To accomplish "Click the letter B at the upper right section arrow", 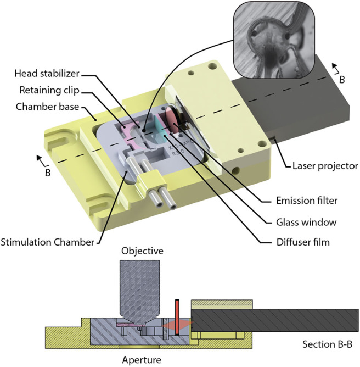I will [x=342, y=80].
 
